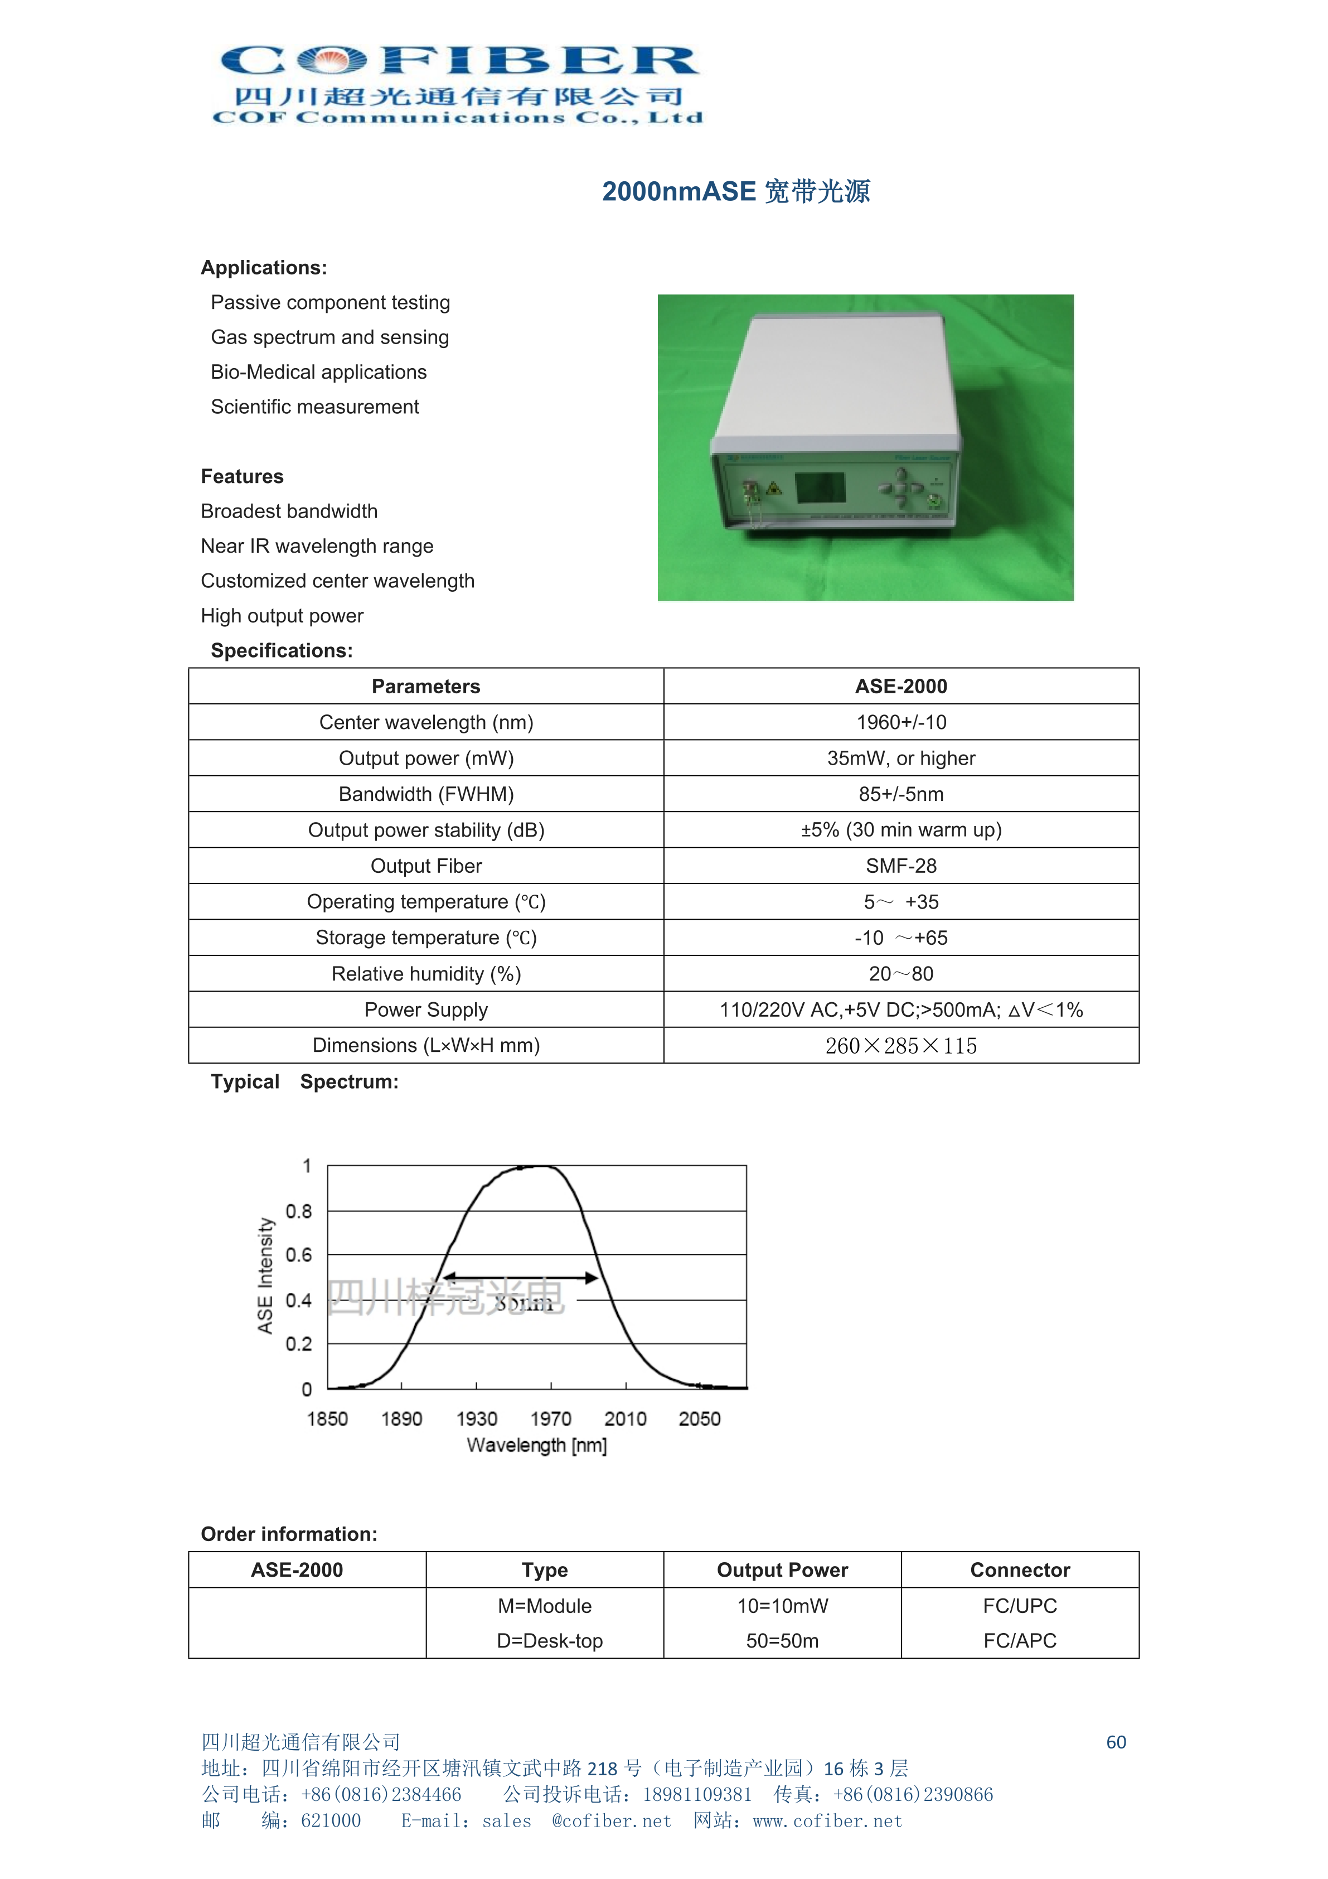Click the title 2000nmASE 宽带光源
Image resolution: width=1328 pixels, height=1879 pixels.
[735, 191]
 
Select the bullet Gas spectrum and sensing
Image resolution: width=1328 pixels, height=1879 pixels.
[329, 337]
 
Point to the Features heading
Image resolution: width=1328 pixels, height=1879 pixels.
[242, 476]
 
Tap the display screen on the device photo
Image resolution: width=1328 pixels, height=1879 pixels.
[821, 488]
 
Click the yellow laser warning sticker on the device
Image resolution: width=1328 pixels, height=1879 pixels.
[773, 489]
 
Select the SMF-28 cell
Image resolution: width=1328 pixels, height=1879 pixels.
[901, 866]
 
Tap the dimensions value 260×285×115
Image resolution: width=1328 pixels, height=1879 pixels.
[901, 1046]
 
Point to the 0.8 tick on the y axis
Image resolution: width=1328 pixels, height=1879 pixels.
[299, 1211]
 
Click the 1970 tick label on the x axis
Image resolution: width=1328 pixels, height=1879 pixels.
[551, 1419]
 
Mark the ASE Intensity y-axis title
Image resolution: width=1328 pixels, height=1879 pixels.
[265, 1276]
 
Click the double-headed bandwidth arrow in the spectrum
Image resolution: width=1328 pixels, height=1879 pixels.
[520, 1278]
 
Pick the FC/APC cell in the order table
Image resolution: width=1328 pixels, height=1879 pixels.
[1020, 1641]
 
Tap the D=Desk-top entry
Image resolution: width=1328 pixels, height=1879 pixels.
[549, 1641]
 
